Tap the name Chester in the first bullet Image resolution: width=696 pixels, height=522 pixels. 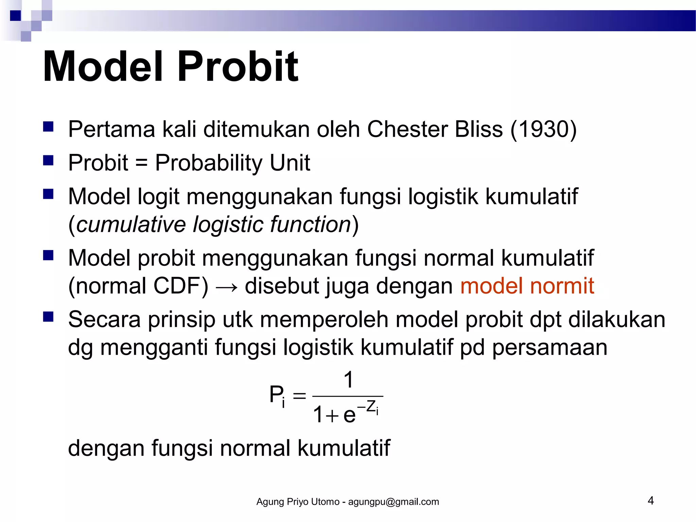(x=407, y=129)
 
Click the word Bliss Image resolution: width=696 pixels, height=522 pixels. (x=478, y=129)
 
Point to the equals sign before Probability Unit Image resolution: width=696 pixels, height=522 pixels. (x=141, y=163)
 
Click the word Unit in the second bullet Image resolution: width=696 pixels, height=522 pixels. (x=290, y=162)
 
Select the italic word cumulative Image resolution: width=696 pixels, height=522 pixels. (x=131, y=225)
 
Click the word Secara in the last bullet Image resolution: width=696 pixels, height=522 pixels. (x=104, y=320)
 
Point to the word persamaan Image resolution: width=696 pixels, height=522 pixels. (x=550, y=348)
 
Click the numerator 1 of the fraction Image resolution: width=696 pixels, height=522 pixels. (x=348, y=380)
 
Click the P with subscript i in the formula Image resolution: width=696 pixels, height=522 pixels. (x=277, y=395)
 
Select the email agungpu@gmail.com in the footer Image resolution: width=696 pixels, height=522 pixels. (x=393, y=502)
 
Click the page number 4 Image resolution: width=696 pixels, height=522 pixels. (x=650, y=501)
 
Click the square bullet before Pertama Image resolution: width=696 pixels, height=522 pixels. (x=48, y=127)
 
